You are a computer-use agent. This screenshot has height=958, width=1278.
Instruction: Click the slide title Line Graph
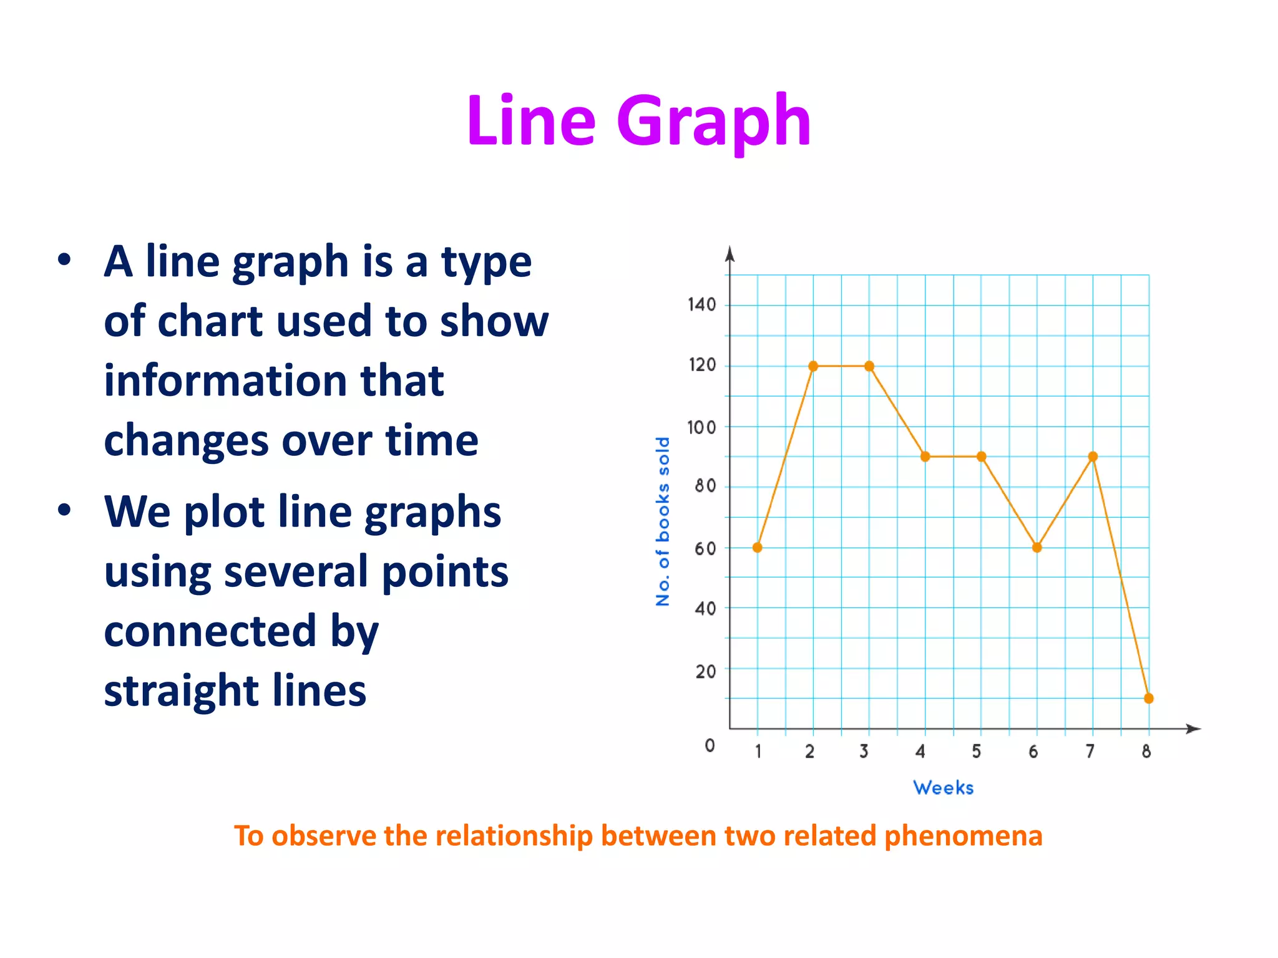(x=638, y=121)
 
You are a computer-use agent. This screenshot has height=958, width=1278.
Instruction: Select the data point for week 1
(x=757, y=548)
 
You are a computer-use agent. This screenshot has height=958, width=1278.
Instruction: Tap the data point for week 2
(x=813, y=366)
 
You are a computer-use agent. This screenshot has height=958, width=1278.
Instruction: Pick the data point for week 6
(x=1037, y=548)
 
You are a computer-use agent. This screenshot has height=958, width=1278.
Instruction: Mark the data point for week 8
(x=1148, y=699)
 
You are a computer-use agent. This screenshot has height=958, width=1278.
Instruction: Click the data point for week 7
(x=1093, y=457)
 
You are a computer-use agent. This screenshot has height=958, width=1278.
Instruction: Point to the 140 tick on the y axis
(x=701, y=305)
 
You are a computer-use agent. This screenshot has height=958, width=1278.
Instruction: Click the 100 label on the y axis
(x=701, y=428)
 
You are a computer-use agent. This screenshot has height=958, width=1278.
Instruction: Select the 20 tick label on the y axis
(x=705, y=672)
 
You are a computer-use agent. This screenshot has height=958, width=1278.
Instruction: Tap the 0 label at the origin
(x=710, y=745)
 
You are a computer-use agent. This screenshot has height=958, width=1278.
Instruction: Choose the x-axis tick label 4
(x=920, y=752)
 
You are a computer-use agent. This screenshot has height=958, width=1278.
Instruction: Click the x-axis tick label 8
(x=1146, y=752)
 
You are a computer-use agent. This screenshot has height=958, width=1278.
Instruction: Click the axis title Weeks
(x=943, y=788)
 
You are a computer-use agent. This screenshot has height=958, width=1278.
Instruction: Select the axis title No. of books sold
(x=663, y=521)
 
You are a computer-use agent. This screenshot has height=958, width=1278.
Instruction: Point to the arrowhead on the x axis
(x=1193, y=728)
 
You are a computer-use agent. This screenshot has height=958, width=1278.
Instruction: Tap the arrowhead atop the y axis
(x=729, y=254)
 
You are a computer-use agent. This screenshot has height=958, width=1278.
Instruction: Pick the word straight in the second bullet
(x=172, y=691)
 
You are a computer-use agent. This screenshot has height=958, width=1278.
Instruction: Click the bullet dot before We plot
(x=64, y=510)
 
